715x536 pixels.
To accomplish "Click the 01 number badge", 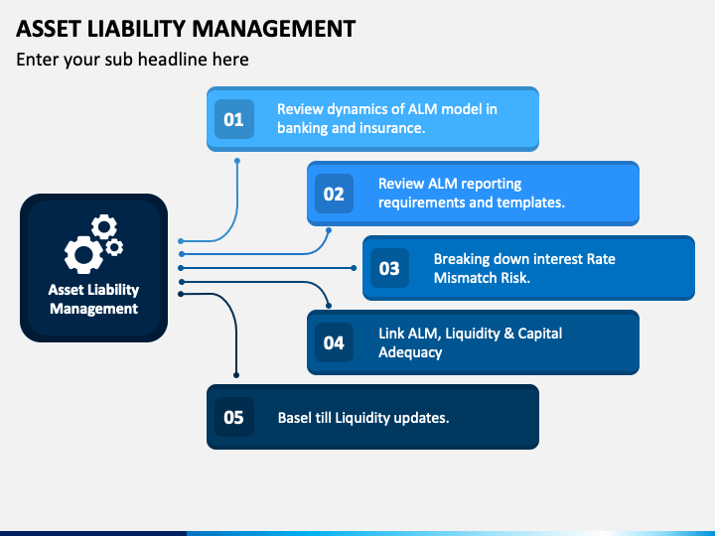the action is (x=234, y=119).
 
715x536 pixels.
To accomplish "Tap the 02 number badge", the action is (x=334, y=194).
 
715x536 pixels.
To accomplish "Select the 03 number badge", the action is (x=389, y=268).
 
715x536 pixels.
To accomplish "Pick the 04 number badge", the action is (x=334, y=342).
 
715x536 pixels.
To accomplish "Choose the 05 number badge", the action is (x=234, y=417).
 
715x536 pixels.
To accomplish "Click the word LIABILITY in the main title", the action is (x=136, y=29).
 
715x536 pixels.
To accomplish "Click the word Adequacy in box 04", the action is (x=410, y=352).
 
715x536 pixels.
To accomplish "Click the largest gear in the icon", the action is (x=83, y=254).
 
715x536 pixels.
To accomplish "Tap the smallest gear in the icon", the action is (x=114, y=247).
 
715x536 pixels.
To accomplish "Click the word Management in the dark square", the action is (x=94, y=309).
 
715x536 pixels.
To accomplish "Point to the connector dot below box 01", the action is (x=237, y=161).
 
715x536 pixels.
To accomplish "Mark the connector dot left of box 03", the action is (x=354, y=268).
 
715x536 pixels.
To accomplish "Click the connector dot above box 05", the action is (x=236, y=375).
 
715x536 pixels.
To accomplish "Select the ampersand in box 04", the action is (x=508, y=334).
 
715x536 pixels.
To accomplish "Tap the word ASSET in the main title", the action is (x=49, y=29).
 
